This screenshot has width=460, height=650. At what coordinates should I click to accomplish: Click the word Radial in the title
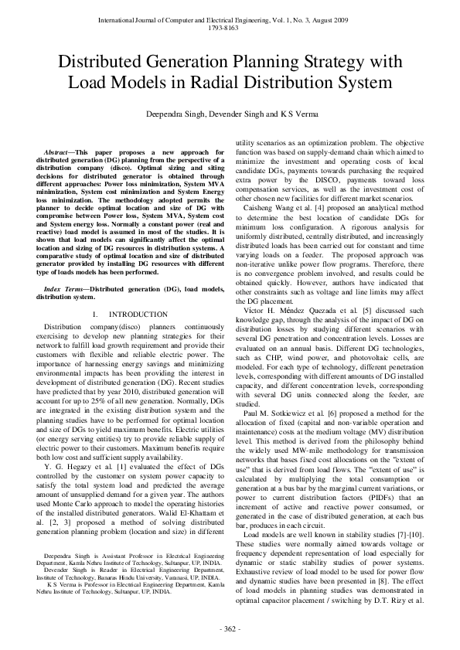pyautogui.click(x=269, y=81)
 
